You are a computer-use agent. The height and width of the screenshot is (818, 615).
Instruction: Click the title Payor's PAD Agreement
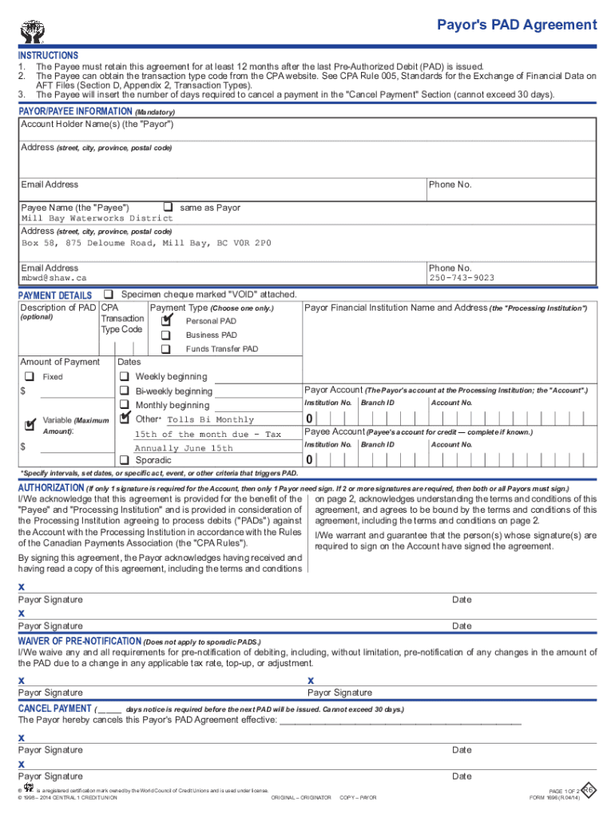click(x=516, y=25)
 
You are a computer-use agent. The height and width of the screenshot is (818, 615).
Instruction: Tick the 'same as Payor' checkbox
click(x=169, y=207)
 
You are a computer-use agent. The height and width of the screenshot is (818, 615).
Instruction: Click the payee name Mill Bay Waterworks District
click(x=97, y=218)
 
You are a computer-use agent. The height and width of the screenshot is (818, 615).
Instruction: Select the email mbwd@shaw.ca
click(x=54, y=278)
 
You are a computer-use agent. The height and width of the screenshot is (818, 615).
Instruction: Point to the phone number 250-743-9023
click(x=462, y=278)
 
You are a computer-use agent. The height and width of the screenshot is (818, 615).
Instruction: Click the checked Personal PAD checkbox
click(x=166, y=320)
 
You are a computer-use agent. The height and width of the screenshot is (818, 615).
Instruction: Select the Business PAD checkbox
click(x=166, y=335)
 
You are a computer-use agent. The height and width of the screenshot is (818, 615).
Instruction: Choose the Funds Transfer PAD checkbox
click(x=166, y=349)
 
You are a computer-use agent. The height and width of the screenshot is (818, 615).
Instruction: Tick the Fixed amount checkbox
click(x=29, y=376)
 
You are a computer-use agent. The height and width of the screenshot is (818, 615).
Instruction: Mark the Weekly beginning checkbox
click(x=125, y=376)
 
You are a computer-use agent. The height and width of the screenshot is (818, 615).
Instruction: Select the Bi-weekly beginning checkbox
click(x=125, y=391)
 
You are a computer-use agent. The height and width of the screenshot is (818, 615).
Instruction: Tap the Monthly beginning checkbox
click(x=125, y=405)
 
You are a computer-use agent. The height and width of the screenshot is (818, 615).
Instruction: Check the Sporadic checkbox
click(x=125, y=460)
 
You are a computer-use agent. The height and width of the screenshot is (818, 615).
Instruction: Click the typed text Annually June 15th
click(x=184, y=448)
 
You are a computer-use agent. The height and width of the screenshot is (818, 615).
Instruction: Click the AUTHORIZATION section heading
click(x=50, y=487)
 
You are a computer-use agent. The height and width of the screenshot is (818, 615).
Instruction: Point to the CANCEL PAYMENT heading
click(x=54, y=709)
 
